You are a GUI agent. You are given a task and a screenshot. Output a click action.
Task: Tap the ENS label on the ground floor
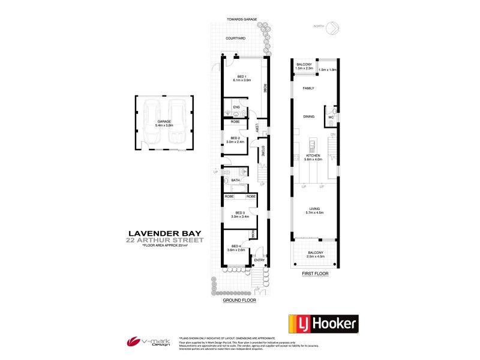pyautogui.click(x=236, y=108)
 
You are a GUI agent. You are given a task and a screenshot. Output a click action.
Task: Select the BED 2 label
pyautogui.click(x=235, y=139)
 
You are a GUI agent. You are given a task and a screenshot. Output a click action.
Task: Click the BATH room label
pyautogui.click(x=236, y=179)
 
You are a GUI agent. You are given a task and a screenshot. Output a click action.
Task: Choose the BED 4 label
pyautogui.click(x=236, y=245)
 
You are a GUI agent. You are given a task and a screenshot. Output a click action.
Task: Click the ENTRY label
pyautogui.click(x=259, y=260)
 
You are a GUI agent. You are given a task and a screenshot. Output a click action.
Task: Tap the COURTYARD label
pyautogui.click(x=236, y=38)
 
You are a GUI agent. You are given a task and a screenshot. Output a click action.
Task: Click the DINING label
pyautogui.click(x=308, y=117)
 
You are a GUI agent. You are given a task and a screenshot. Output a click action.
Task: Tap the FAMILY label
pyautogui.click(x=308, y=88)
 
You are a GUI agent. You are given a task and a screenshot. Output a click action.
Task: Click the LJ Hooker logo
pyautogui.click(x=324, y=325)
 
